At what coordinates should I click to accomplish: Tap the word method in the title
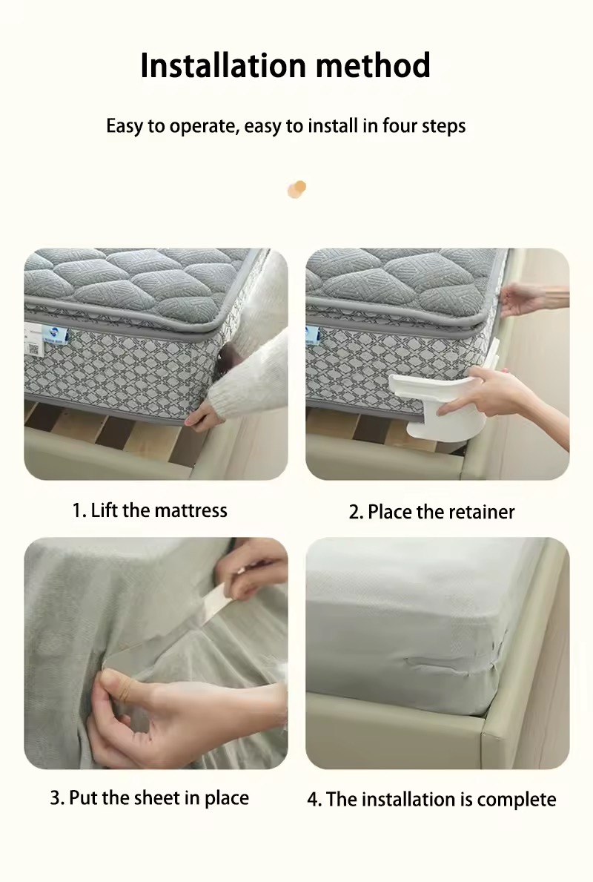pyautogui.click(x=374, y=65)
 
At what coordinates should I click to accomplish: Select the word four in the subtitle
pyautogui.click(x=399, y=125)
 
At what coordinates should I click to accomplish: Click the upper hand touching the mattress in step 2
pyautogui.click(x=526, y=299)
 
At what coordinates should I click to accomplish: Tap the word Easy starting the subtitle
pyautogui.click(x=125, y=125)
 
